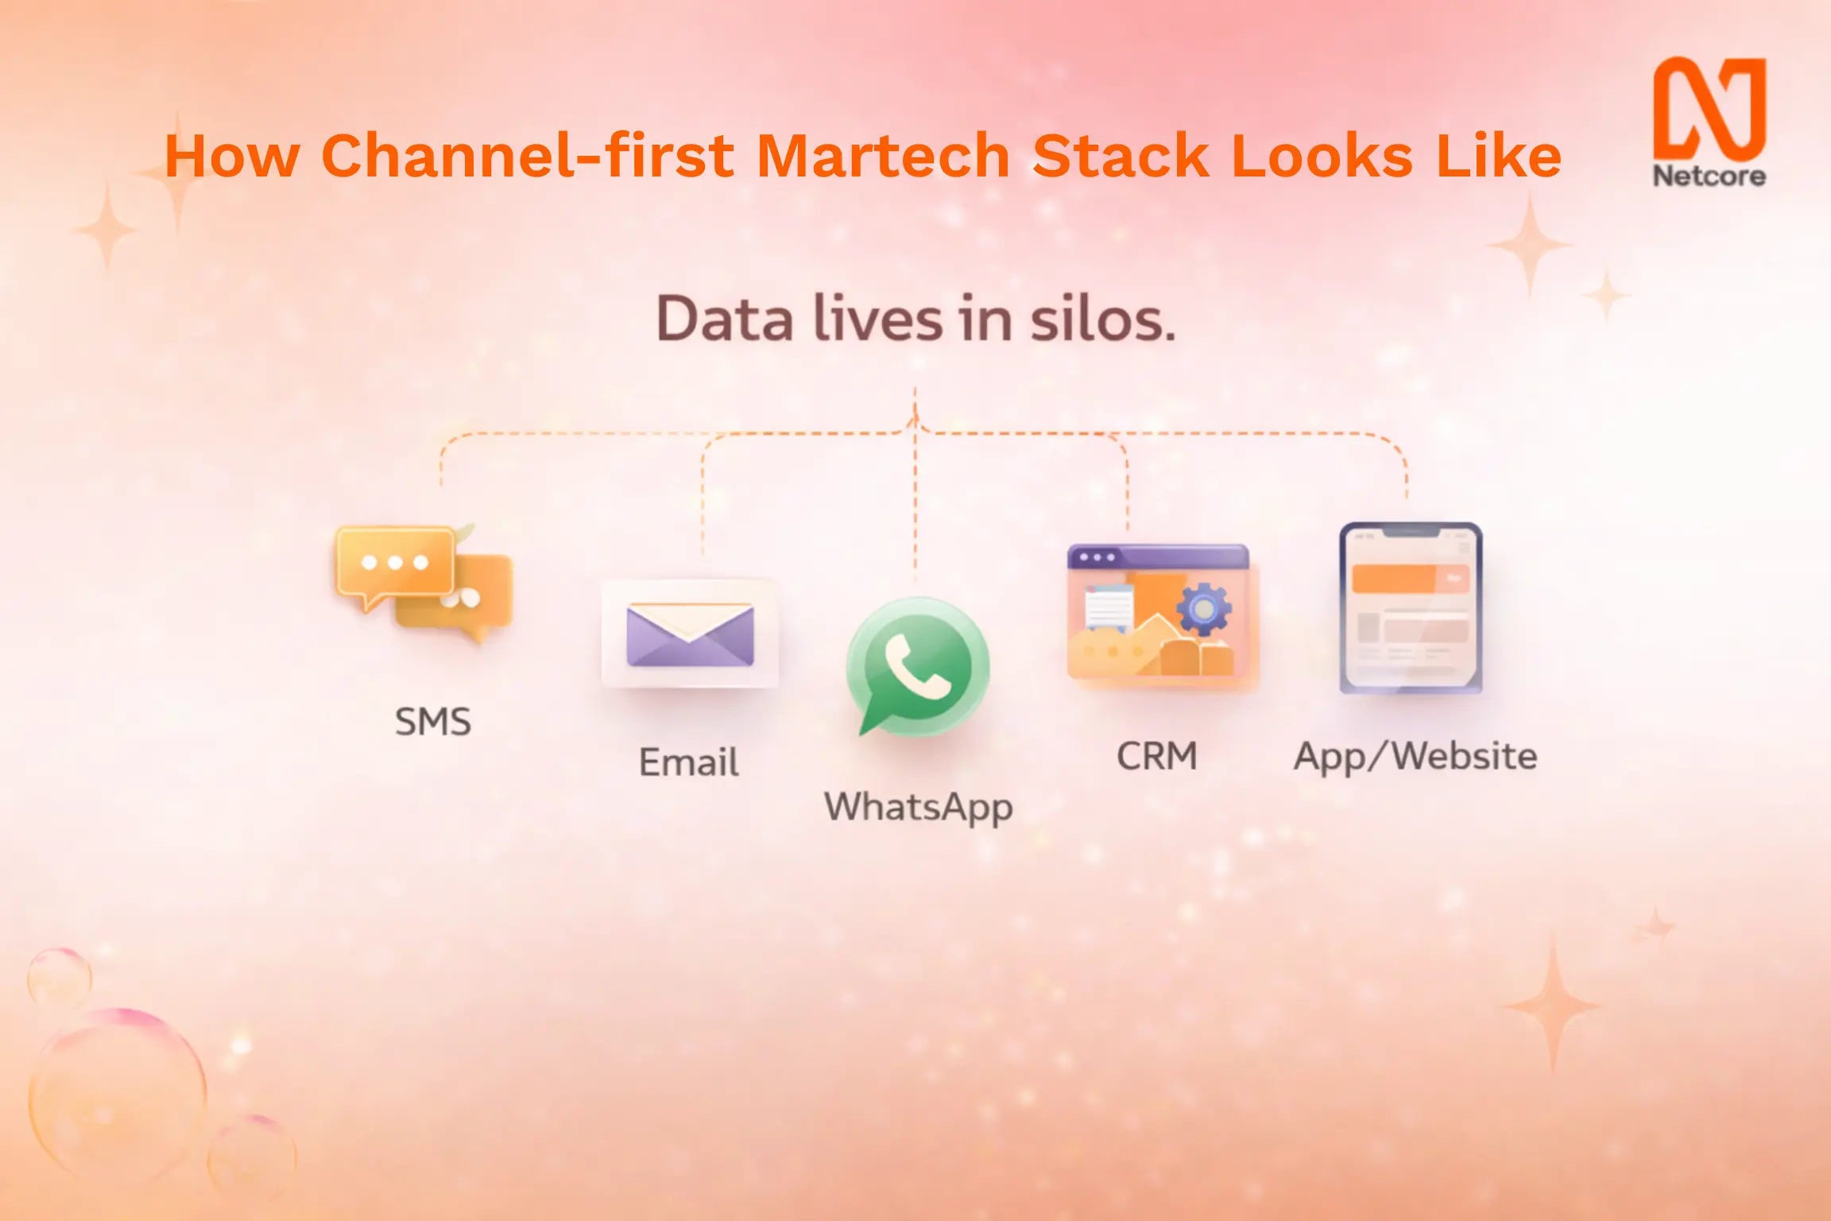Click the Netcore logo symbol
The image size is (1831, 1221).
pos(1709,107)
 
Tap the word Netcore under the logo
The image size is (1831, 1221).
pos(1709,176)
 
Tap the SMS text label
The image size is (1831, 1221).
pos(433,722)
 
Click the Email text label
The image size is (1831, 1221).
pos(689,762)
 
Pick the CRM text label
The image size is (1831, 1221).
pos(1157,756)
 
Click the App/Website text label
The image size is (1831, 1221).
pos(1415,757)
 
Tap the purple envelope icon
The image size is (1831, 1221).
pos(690,634)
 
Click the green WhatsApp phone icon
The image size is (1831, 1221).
pos(918,666)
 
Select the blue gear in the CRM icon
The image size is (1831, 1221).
pos(1204,609)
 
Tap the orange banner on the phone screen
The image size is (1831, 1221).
pos(1411,579)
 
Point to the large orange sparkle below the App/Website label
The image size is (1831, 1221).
pos(1551,1006)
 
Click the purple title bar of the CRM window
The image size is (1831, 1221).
pos(1158,557)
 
